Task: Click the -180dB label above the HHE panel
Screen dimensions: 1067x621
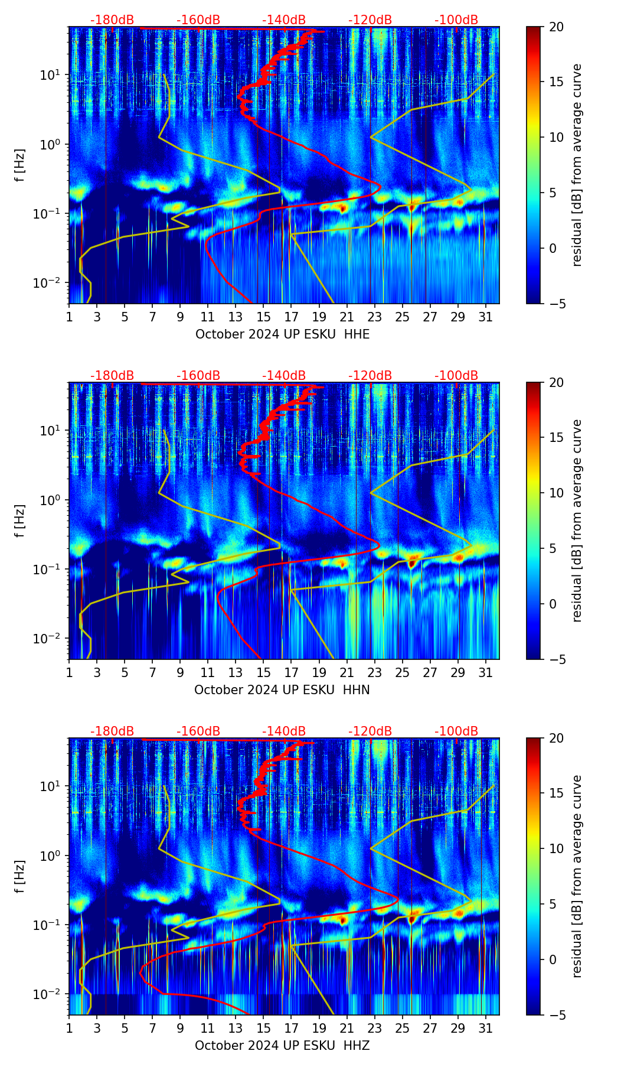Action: [112, 20]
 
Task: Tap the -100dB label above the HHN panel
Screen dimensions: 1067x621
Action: [456, 376]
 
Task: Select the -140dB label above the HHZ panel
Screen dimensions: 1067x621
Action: [284, 731]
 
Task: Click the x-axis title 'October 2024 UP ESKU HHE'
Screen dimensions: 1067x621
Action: [282, 334]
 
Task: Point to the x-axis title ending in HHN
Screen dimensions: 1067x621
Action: [282, 690]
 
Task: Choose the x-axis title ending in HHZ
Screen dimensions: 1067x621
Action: [282, 1046]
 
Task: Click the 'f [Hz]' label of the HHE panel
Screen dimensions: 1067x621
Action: [19, 165]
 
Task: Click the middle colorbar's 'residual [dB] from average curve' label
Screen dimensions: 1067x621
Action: [577, 521]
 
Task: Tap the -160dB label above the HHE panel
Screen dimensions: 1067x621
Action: [198, 20]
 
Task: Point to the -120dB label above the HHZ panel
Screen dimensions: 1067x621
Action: [370, 731]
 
